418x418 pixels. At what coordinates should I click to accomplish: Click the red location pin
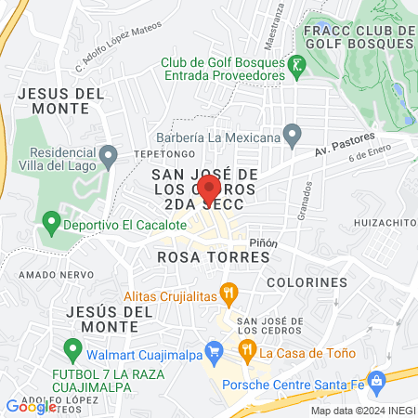coord(209,189)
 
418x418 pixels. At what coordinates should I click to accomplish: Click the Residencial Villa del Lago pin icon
coord(109,153)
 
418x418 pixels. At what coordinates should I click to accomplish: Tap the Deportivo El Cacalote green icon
coord(50,223)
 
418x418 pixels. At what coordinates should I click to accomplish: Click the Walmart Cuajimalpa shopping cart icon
coord(216,353)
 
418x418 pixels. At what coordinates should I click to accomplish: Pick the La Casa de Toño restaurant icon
coord(247,352)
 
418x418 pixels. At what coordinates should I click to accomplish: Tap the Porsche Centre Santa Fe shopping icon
coord(376,380)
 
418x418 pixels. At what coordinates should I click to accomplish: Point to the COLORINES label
coord(307,281)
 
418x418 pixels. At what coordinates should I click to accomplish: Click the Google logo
coord(31,406)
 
